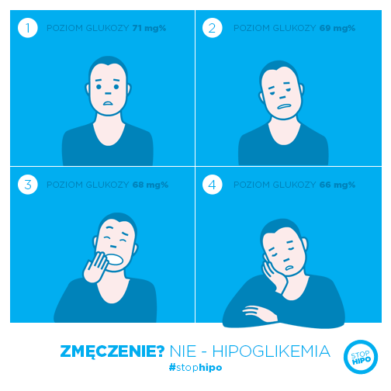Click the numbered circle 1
(x=28, y=28)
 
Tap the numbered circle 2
(x=213, y=28)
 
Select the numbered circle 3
(x=28, y=185)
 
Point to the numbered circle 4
(x=213, y=185)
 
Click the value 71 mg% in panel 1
(x=149, y=28)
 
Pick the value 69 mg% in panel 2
(x=337, y=28)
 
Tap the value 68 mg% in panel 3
(x=151, y=185)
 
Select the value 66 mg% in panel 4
(x=337, y=185)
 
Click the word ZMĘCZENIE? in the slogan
(x=112, y=351)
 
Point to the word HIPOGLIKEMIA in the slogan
(x=272, y=351)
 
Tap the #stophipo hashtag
(x=195, y=367)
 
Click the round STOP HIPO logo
(x=361, y=357)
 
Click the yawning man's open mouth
(x=115, y=260)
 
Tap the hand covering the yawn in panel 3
(x=95, y=268)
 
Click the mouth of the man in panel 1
(x=108, y=103)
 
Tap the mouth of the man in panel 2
(x=284, y=107)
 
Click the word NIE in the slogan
(x=183, y=351)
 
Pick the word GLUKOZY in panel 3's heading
(x=107, y=185)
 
